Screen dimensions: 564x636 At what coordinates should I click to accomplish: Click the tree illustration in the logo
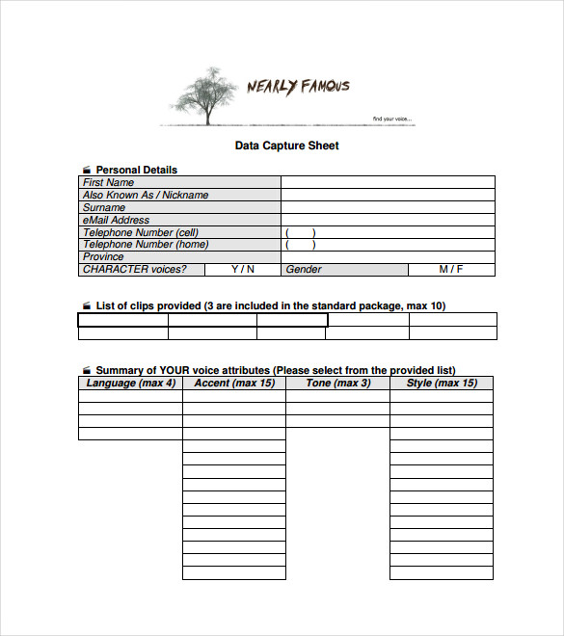[205, 93]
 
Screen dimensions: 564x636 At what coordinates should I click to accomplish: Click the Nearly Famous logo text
[298, 87]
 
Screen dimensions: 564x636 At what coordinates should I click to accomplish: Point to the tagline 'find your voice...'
[392, 119]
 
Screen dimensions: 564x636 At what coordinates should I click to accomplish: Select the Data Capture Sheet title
[286, 146]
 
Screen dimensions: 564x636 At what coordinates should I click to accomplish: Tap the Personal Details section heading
[136, 170]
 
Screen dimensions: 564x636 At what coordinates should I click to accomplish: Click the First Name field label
[108, 182]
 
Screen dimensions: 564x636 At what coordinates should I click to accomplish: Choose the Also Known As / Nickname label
[145, 195]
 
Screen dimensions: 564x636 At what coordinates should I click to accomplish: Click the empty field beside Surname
[388, 207]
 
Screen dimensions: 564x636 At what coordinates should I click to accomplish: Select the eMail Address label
[116, 220]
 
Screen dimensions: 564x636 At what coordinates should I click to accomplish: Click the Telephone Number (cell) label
[140, 232]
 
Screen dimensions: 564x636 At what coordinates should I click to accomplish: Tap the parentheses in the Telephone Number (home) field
[301, 245]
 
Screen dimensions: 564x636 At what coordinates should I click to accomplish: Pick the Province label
[103, 257]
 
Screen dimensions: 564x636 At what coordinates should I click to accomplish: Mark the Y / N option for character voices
[243, 270]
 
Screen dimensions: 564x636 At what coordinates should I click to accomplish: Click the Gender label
[304, 270]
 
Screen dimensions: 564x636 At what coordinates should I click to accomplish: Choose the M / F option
[451, 270]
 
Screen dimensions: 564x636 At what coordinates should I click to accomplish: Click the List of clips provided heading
[270, 305]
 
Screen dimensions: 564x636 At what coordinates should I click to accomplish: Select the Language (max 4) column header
[130, 383]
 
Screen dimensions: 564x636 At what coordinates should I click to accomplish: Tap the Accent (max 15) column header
[234, 383]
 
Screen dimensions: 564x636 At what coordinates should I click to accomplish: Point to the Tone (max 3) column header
[337, 383]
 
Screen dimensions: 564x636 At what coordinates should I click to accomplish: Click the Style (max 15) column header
[442, 383]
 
